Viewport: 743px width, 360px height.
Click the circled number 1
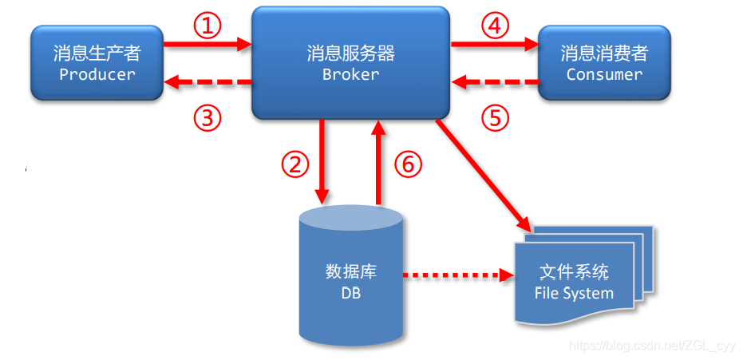(207, 26)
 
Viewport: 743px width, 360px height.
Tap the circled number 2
(294, 164)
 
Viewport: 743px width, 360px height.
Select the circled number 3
(207, 118)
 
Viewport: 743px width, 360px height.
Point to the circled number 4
(495, 26)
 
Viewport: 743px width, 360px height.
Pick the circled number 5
(495, 118)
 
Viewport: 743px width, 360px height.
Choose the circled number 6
(406, 164)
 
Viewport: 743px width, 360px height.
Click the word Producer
(97, 74)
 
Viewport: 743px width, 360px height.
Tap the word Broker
(350, 74)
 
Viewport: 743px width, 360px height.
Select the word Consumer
(604, 74)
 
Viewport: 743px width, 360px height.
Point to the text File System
(574, 293)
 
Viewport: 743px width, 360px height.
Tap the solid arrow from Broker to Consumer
(495, 47)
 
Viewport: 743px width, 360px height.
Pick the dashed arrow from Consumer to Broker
(495, 81)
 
